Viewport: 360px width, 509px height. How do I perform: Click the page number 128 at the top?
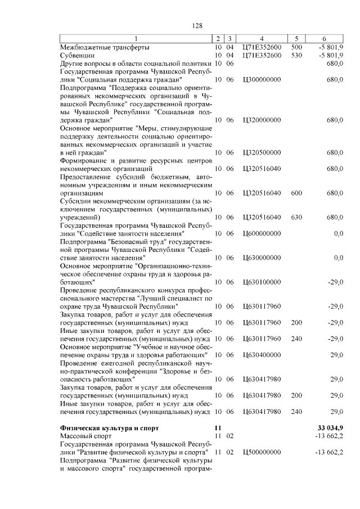point(197,26)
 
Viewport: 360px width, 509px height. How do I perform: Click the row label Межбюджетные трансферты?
point(105,47)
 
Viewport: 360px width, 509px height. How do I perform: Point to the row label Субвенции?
point(78,56)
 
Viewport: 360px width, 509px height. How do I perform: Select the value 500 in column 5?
point(296,47)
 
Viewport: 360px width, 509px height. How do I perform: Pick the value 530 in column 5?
point(296,56)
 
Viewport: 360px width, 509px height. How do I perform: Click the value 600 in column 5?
point(296,193)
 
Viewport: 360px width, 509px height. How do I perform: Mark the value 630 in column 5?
point(296,217)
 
